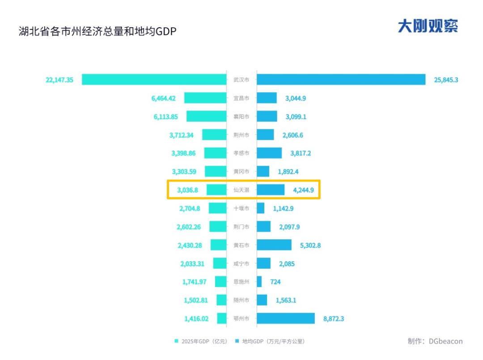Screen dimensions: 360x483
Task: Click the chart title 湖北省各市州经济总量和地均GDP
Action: [98, 32]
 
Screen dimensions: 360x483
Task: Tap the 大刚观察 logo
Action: [428, 26]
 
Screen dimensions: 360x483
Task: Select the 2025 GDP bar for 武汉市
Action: [154, 80]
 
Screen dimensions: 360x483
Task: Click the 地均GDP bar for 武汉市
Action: [341, 80]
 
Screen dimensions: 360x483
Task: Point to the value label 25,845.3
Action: [446, 80]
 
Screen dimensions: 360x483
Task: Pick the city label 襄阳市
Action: [241, 116]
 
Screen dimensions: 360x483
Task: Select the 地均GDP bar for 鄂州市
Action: [285, 318]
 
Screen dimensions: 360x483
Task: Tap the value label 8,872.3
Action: [333, 319]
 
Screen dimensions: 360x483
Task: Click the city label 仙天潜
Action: [241, 190]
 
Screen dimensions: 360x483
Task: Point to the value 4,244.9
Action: [303, 190]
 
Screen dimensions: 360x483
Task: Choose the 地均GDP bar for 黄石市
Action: [274, 245]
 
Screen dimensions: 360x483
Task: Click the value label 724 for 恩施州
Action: [275, 282]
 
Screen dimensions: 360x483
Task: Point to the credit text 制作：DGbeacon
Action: [435, 341]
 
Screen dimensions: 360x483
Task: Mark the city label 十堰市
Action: [241, 208]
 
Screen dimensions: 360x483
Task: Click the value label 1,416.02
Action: [196, 319]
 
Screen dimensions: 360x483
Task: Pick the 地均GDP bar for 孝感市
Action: [269, 153]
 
